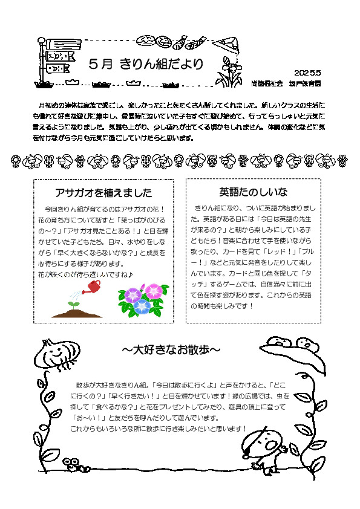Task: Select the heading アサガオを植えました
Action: click(103, 193)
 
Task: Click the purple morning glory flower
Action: click(133, 294)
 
